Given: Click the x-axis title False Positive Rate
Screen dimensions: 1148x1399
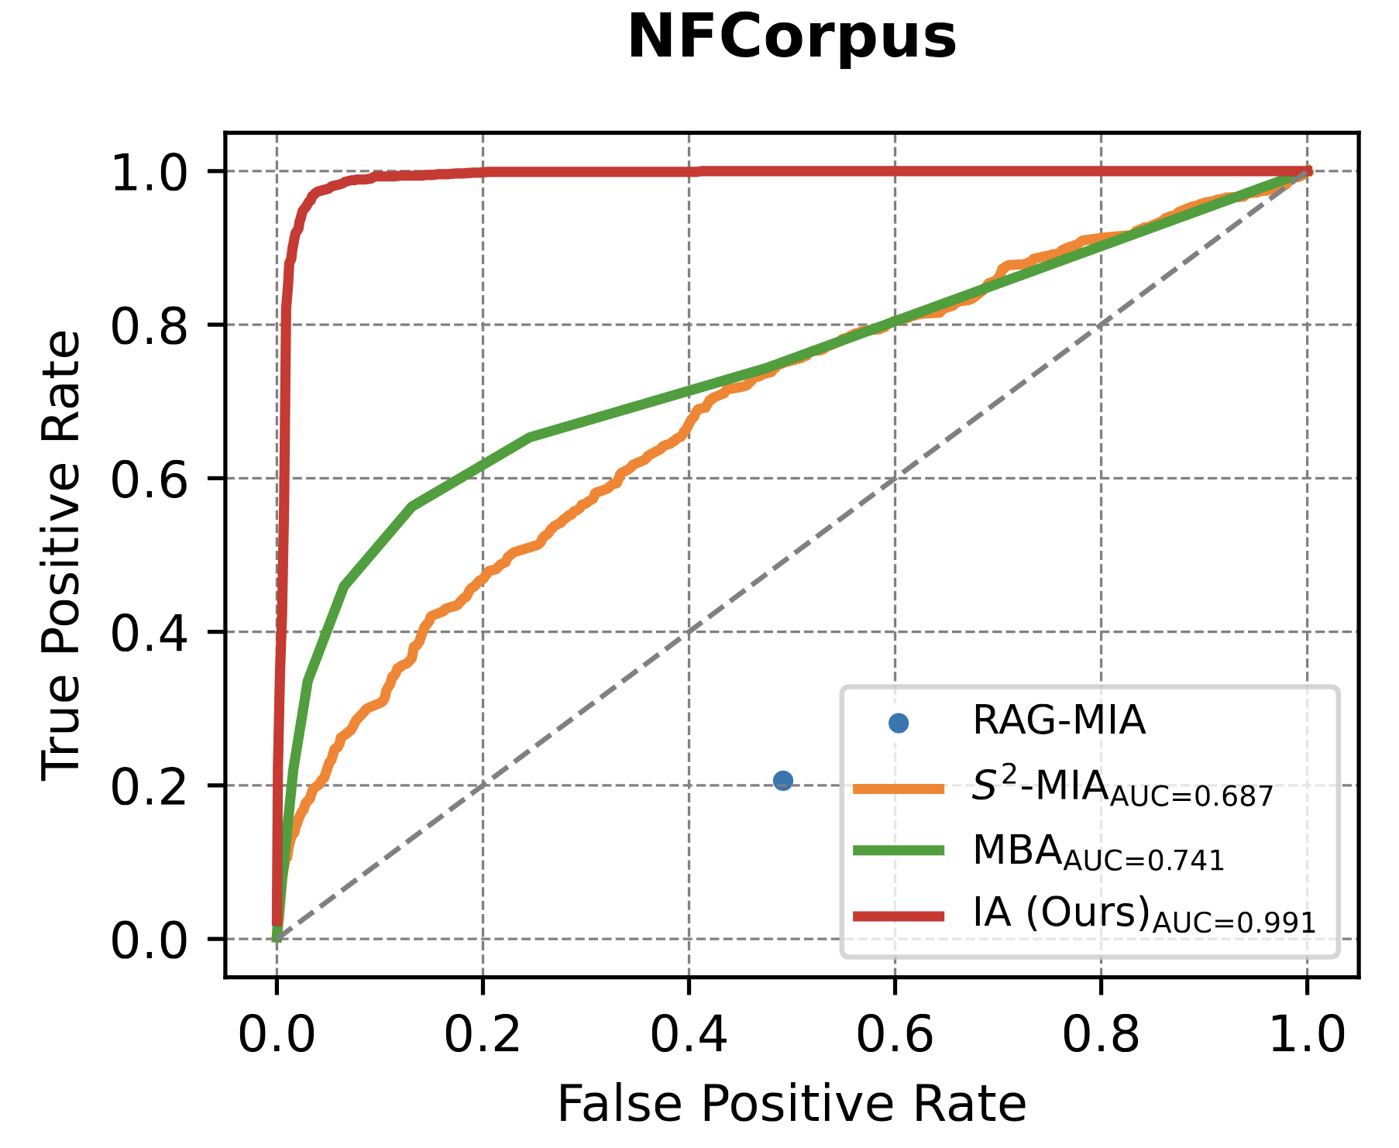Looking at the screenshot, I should (792, 1103).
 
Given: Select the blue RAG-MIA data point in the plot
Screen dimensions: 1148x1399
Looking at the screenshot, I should (783, 781).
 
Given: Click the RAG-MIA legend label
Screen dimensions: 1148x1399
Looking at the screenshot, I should (1058, 721).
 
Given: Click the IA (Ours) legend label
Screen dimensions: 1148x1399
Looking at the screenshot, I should (1143, 915).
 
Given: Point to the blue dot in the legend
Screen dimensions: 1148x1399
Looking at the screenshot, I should (899, 724).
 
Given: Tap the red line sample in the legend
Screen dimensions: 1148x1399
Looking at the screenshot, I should (899, 916).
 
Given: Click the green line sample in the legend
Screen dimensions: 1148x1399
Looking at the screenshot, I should (899, 851).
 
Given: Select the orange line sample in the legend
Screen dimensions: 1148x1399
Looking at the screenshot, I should (899, 789).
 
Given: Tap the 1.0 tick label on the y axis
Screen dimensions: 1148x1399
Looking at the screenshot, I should (150, 172).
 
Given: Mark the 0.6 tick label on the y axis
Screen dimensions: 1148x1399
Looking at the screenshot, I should (150, 479).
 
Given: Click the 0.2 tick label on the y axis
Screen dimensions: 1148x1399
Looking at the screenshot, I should (150, 785).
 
